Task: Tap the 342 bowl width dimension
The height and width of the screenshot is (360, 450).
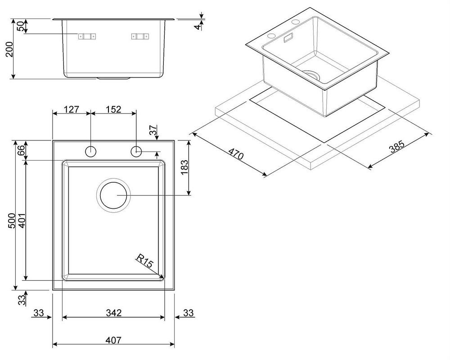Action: (x=113, y=313)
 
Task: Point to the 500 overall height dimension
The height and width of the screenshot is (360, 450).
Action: (x=12, y=220)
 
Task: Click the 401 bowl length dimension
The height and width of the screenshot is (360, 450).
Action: (x=22, y=220)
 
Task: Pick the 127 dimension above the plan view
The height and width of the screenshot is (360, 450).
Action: (x=71, y=109)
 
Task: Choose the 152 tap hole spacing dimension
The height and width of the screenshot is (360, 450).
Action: (x=113, y=109)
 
